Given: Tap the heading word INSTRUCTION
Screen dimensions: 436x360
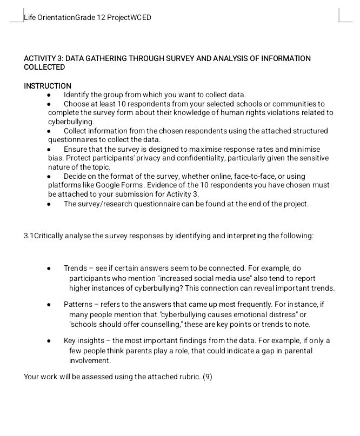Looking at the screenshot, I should (48, 86).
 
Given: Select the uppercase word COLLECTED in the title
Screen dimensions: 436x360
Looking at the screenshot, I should (44, 67).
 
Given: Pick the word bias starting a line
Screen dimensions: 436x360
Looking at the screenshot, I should (55, 158).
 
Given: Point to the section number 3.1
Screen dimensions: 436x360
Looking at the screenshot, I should (29, 236).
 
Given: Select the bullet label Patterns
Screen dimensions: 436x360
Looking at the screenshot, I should (78, 304).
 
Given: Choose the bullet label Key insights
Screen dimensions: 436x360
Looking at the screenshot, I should (84, 340).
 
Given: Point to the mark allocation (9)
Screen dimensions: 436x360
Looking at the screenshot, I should (208, 377).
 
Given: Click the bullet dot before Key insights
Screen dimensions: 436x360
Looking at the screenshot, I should (49, 341).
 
